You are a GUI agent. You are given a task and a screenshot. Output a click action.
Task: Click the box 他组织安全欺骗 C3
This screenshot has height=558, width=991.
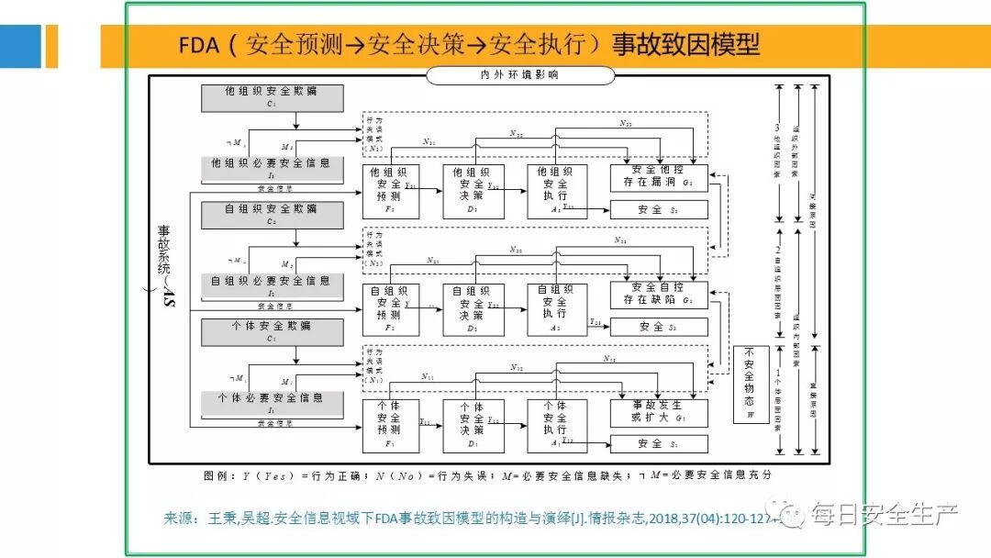pos(272,97)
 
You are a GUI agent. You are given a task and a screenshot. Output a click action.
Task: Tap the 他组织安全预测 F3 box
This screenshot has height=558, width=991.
pos(390,192)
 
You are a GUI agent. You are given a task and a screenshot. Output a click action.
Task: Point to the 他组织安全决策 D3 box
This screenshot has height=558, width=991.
pos(473,192)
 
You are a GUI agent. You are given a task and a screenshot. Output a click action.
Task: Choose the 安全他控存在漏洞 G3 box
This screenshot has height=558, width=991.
pos(659,178)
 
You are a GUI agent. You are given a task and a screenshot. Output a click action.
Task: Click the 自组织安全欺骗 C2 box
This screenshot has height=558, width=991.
pos(272,215)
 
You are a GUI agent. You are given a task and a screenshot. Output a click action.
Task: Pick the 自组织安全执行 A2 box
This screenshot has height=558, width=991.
pos(557,309)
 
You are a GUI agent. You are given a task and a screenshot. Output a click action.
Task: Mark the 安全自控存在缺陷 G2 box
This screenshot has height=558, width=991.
pos(659,295)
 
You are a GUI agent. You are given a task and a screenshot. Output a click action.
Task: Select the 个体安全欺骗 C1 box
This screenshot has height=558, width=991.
pos(272,331)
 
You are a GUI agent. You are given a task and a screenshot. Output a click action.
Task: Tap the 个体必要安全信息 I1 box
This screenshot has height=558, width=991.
pos(272,404)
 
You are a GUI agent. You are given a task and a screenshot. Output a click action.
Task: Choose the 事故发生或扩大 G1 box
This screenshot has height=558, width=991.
pos(659,412)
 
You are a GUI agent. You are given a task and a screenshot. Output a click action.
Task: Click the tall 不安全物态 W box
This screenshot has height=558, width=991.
pos(751,385)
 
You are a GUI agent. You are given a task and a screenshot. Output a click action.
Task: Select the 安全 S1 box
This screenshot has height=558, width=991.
pos(659,444)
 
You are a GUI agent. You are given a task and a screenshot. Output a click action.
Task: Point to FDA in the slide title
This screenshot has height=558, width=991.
pos(199,45)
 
